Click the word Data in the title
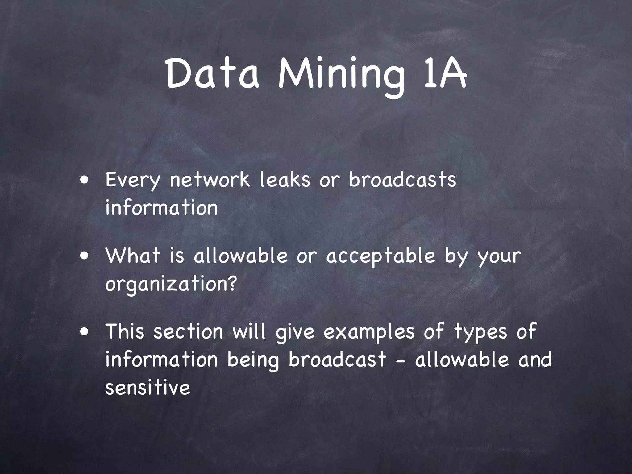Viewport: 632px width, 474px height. tap(213, 74)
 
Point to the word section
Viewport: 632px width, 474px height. tap(188, 331)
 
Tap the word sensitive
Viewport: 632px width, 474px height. tap(148, 388)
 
